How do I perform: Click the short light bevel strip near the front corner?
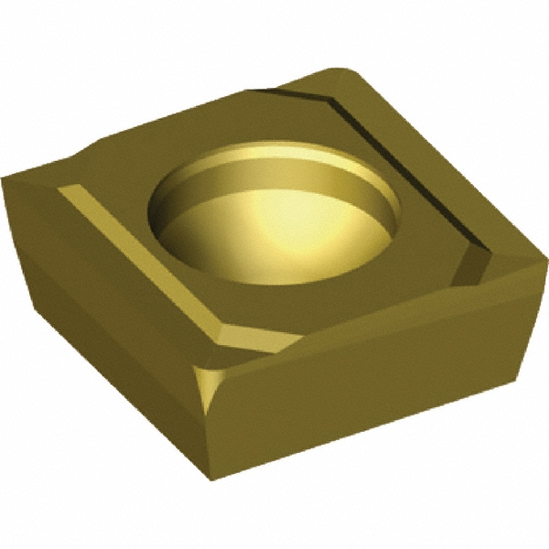265,342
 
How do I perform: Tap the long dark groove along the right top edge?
403,165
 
